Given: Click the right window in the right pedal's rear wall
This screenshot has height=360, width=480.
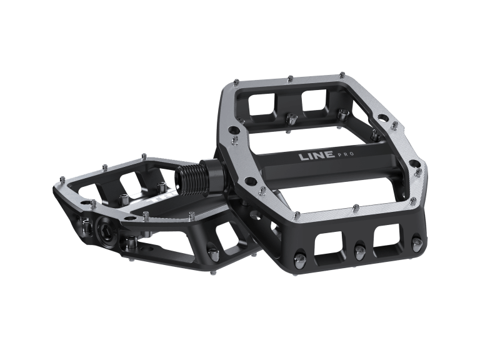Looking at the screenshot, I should (x=316, y=100).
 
